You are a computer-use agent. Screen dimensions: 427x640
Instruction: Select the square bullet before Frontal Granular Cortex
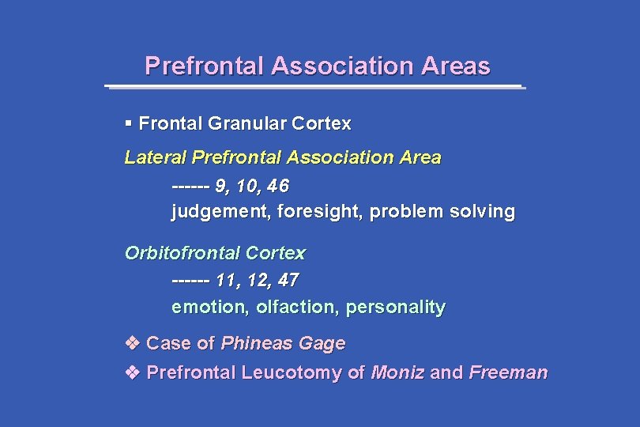coord(129,123)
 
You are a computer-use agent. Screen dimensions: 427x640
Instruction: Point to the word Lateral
coord(156,157)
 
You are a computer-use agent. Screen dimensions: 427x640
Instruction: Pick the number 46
coord(278,187)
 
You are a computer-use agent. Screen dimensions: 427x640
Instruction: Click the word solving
coord(483,212)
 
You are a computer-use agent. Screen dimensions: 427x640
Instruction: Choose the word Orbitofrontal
coord(183,254)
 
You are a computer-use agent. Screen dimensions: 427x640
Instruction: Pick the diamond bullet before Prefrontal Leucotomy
coord(133,372)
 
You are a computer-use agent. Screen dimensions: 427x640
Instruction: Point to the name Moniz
coord(397,372)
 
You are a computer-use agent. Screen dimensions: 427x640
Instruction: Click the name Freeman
coord(508,372)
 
